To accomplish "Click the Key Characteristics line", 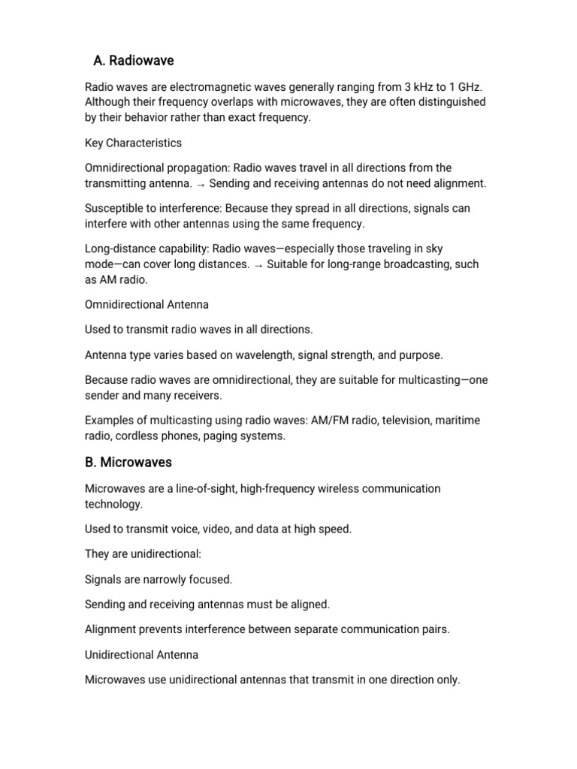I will (133, 143).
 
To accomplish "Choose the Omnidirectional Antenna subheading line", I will (147, 305).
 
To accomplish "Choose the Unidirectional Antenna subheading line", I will (141, 655).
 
